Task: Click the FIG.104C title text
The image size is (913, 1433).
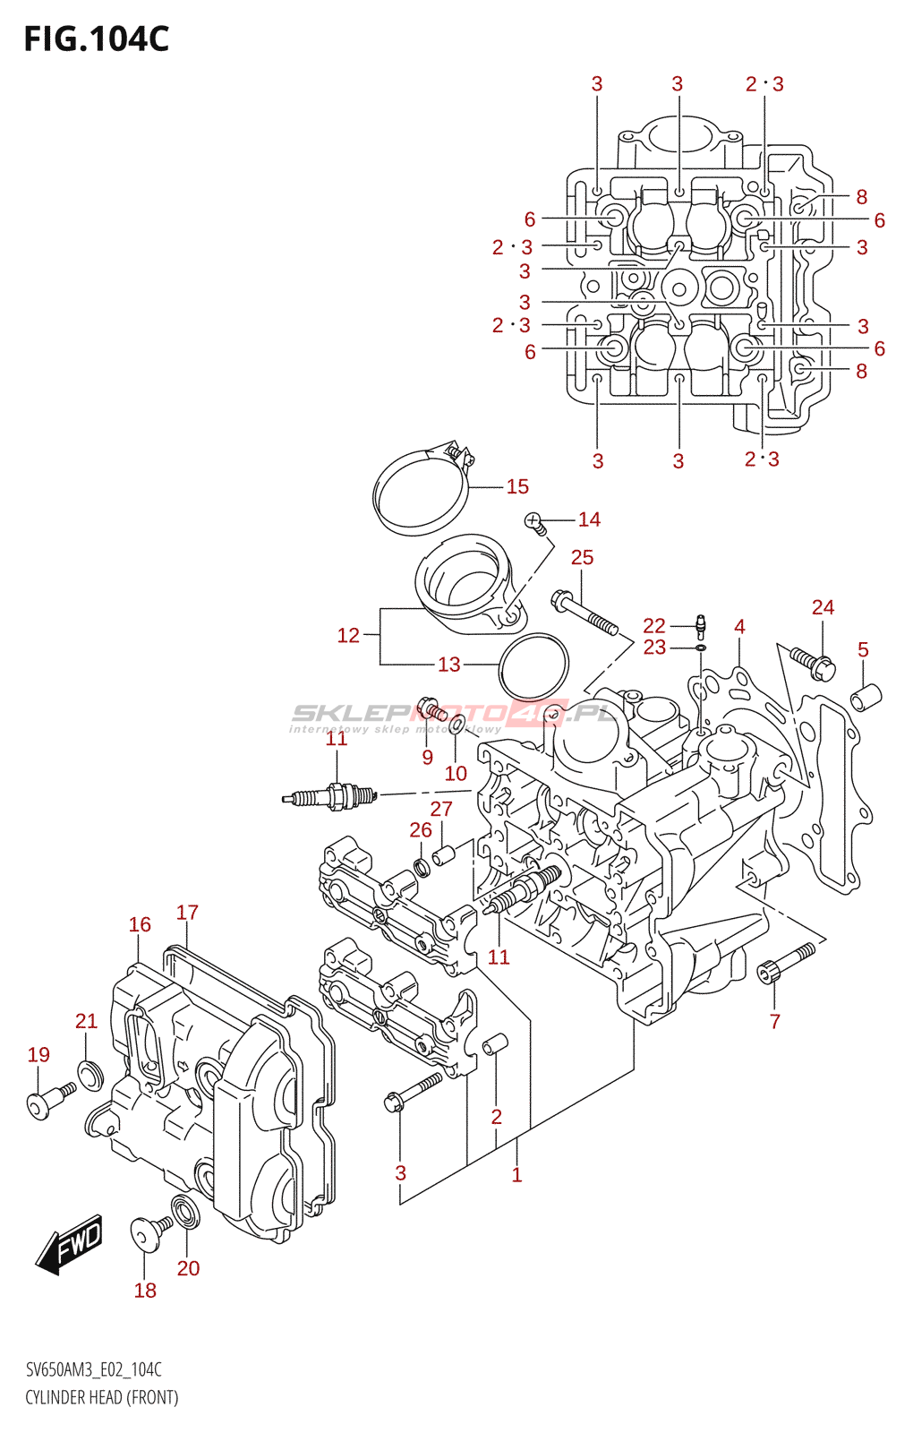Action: tap(96, 39)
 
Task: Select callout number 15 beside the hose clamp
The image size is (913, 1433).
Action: tap(517, 486)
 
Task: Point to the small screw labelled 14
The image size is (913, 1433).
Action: tap(535, 522)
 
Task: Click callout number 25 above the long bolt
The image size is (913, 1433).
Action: tap(582, 557)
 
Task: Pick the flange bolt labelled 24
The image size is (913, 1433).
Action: tap(813, 663)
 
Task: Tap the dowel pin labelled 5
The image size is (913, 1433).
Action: tap(866, 696)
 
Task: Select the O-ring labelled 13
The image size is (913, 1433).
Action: tap(533, 667)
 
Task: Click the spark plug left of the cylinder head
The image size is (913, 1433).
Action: tap(329, 794)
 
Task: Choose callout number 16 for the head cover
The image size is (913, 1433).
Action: tap(140, 924)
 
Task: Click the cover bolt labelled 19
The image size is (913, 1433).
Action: tap(47, 1100)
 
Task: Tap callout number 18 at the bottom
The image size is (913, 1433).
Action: tap(145, 1290)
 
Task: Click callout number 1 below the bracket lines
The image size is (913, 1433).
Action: tap(516, 1174)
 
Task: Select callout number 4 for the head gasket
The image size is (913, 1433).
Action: tap(739, 626)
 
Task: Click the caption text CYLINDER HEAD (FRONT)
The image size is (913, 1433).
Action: tap(101, 1397)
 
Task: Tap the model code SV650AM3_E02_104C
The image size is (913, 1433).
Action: tap(94, 1369)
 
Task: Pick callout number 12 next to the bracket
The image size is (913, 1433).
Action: tap(347, 635)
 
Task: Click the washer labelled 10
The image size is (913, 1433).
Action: tap(456, 724)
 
